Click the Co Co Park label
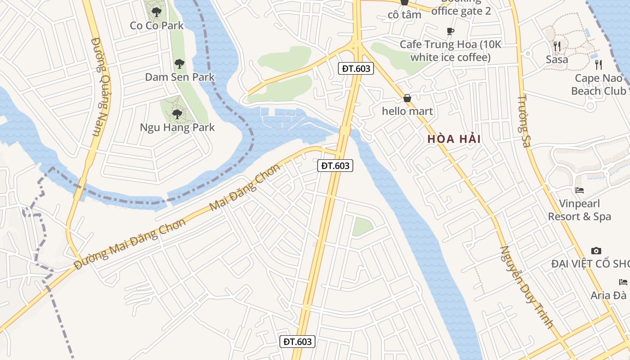click(157, 25)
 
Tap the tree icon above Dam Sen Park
click(180, 64)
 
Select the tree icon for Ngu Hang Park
click(177, 114)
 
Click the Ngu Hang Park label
click(177, 127)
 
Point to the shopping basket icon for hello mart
click(407, 98)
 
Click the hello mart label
click(407, 111)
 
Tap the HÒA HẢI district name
click(454, 139)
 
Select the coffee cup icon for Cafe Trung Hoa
click(450, 31)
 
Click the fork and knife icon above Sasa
click(557, 46)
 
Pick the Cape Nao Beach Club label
click(598, 85)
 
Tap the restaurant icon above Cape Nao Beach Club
click(598, 65)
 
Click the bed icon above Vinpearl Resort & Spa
click(580, 190)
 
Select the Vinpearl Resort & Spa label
click(580, 210)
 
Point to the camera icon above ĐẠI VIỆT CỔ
click(596, 251)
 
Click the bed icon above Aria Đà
click(623, 282)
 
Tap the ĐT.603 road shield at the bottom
click(298, 342)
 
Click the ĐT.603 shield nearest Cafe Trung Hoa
click(356, 68)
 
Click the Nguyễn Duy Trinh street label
click(526, 287)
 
